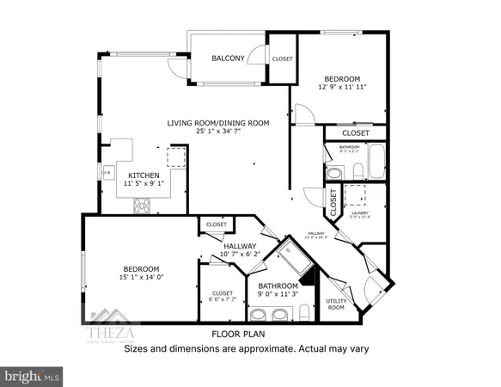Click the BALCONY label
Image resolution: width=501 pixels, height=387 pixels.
(x=229, y=58)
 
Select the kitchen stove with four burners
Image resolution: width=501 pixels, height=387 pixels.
(x=141, y=205)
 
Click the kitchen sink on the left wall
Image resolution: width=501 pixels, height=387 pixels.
(x=109, y=173)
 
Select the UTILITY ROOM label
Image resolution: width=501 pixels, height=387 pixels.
(x=336, y=304)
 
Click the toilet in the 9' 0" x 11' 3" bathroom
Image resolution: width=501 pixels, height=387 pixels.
(x=307, y=318)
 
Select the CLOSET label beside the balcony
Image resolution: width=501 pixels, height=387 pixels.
(x=282, y=58)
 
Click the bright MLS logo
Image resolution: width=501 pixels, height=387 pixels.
(x=33, y=376)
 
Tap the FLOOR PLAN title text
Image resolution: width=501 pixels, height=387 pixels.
(x=239, y=335)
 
